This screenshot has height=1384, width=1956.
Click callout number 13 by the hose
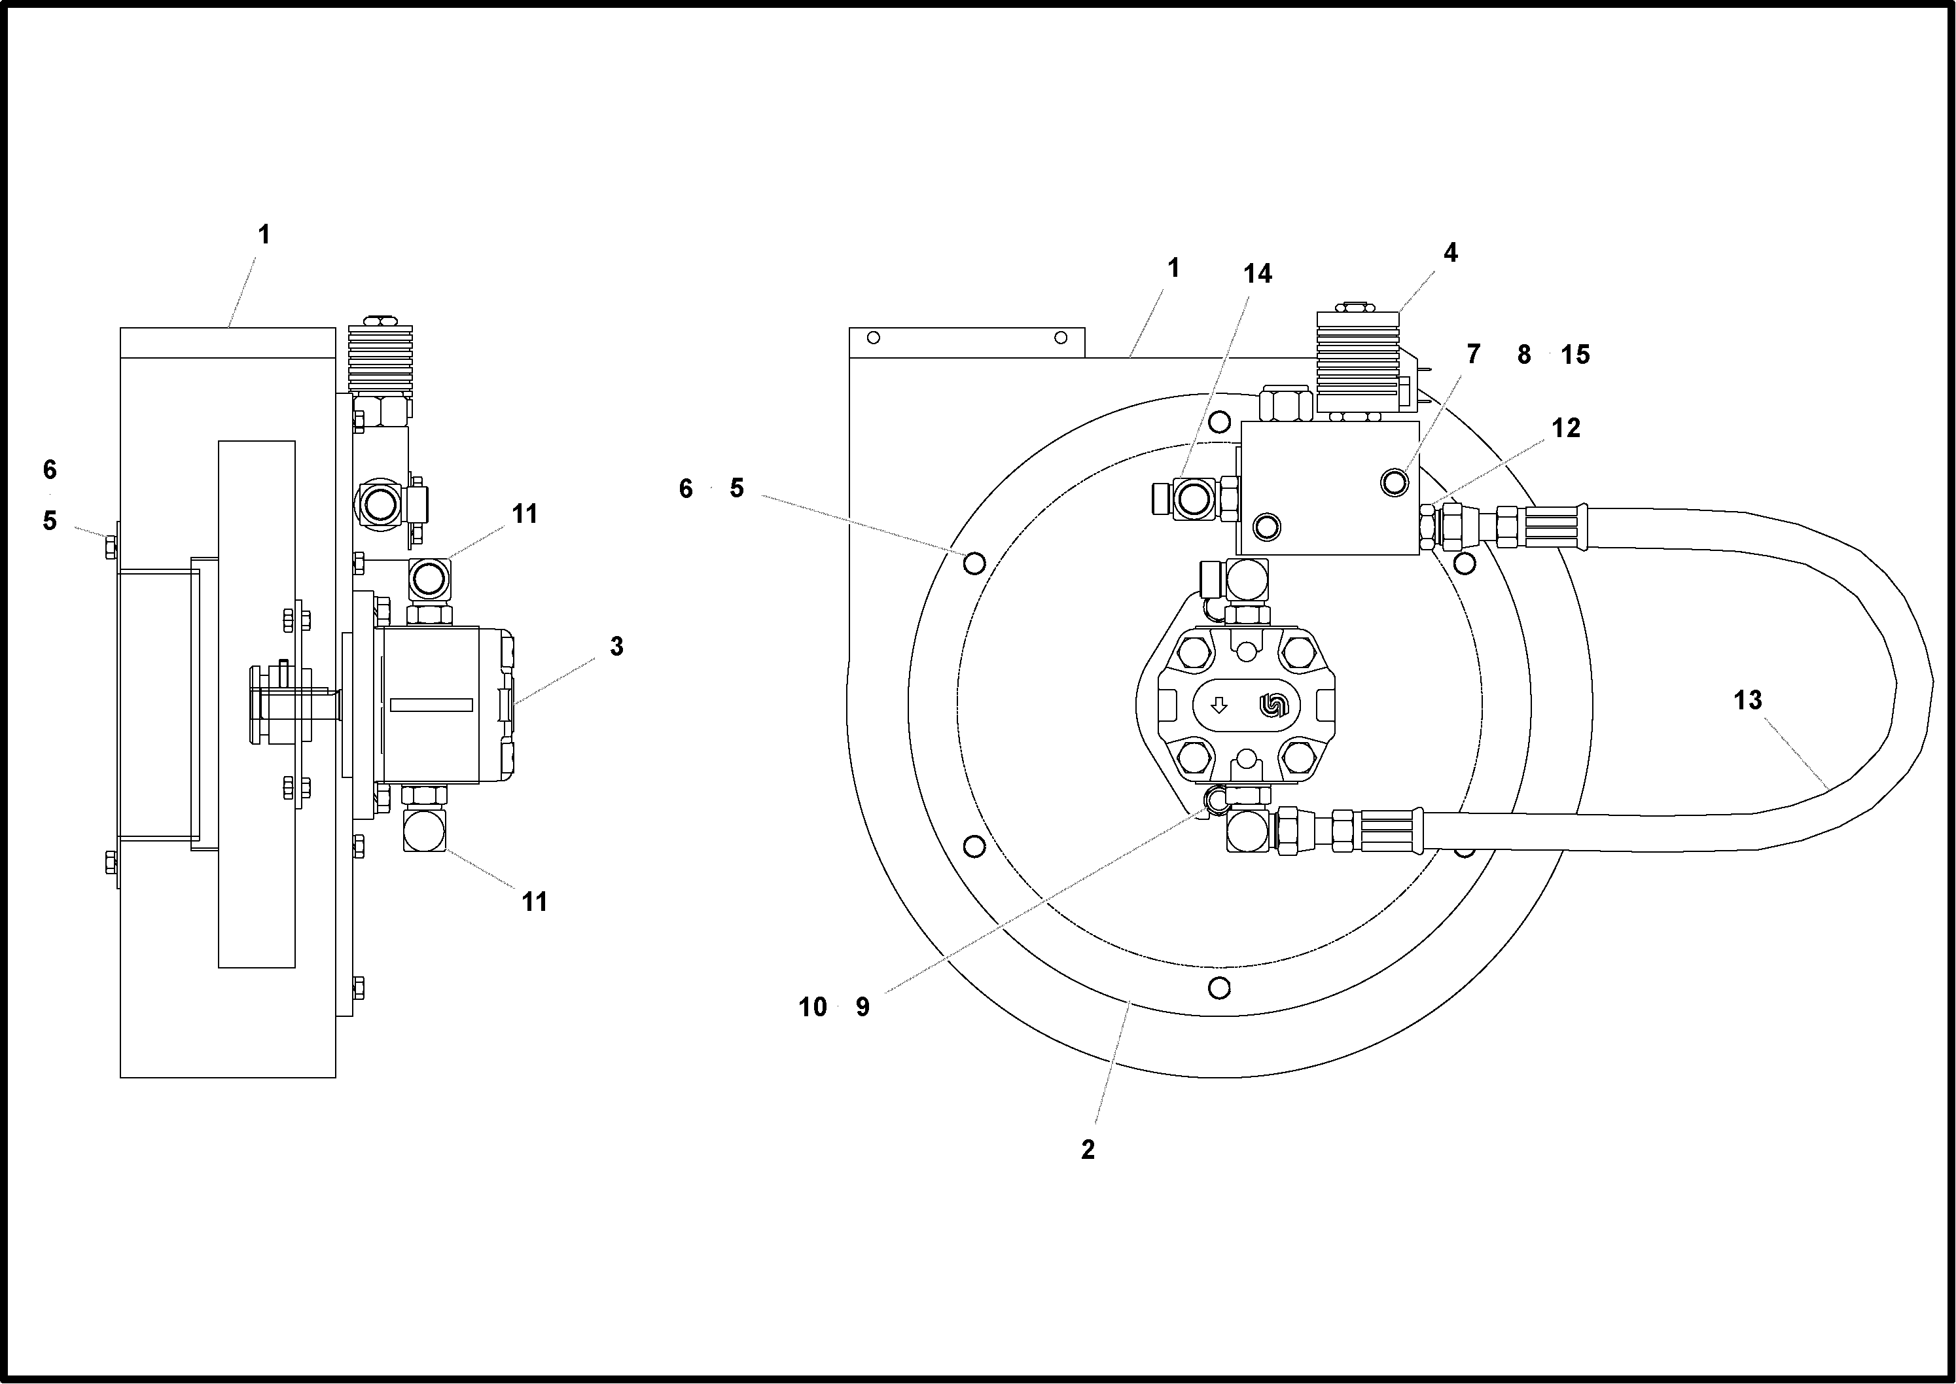tap(1747, 701)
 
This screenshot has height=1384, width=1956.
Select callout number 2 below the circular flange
tap(1088, 1150)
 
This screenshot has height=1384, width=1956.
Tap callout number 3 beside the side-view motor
tap(616, 647)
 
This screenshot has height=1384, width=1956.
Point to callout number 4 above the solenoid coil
tap(1449, 253)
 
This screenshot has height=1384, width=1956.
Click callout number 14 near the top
tap(1257, 274)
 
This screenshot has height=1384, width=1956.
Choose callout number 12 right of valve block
tap(1566, 428)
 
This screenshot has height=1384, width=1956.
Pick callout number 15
tap(1575, 355)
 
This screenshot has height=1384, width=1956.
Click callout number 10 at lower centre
tap(812, 1007)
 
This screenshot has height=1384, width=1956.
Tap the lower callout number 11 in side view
tap(535, 902)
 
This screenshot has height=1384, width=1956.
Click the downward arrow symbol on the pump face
tap(1218, 705)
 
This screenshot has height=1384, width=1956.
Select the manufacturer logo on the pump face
tap(1273, 705)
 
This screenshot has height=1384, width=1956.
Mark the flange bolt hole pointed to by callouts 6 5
tap(974, 563)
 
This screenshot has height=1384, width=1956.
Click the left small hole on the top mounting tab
tap(873, 338)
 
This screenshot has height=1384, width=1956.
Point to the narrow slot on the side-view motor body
tap(431, 705)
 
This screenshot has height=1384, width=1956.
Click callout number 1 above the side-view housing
tap(264, 235)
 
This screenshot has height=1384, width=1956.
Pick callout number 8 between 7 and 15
tap(1524, 355)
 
